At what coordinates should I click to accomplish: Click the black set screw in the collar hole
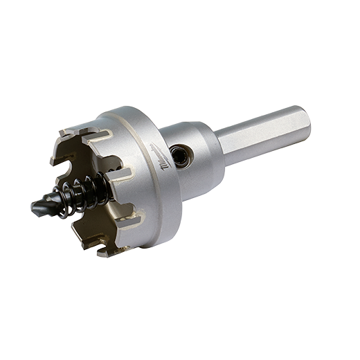click(x=181, y=155)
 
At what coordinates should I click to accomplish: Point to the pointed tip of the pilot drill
click(x=33, y=206)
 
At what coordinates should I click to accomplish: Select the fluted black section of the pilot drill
click(x=48, y=201)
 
